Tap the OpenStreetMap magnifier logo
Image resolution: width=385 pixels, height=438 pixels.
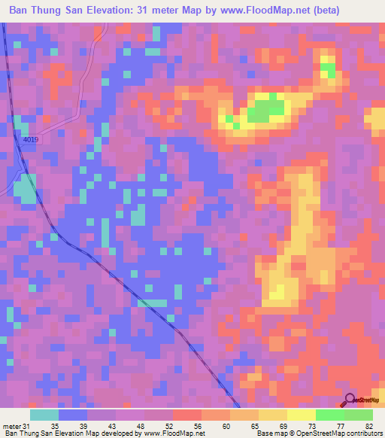pos(350,400)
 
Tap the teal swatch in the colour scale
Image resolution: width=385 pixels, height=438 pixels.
pos(44,415)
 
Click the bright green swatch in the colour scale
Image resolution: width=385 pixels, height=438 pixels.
pos(329,415)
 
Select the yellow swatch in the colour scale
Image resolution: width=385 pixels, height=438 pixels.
pos(301,415)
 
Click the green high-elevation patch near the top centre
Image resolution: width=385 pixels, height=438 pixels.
pos(267,111)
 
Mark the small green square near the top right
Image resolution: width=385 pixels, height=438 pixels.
pos(328,70)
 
